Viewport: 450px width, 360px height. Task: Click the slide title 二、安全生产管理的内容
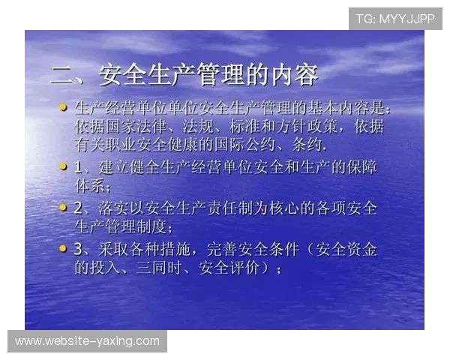point(184,75)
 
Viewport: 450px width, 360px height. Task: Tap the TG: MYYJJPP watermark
point(395,18)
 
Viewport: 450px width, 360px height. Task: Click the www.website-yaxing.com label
point(87,341)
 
